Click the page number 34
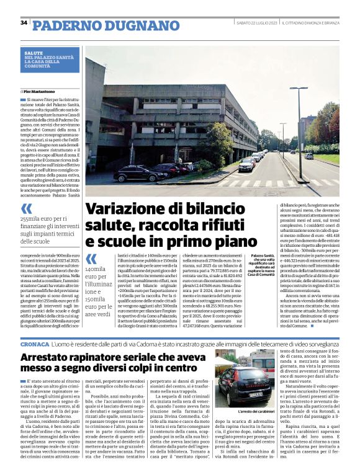point(24,23)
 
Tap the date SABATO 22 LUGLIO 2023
point(256,23)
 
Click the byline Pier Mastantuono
point(42,92)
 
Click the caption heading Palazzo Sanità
point(264,255)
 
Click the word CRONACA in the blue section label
point(34,343)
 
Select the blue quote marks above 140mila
point(91,259)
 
